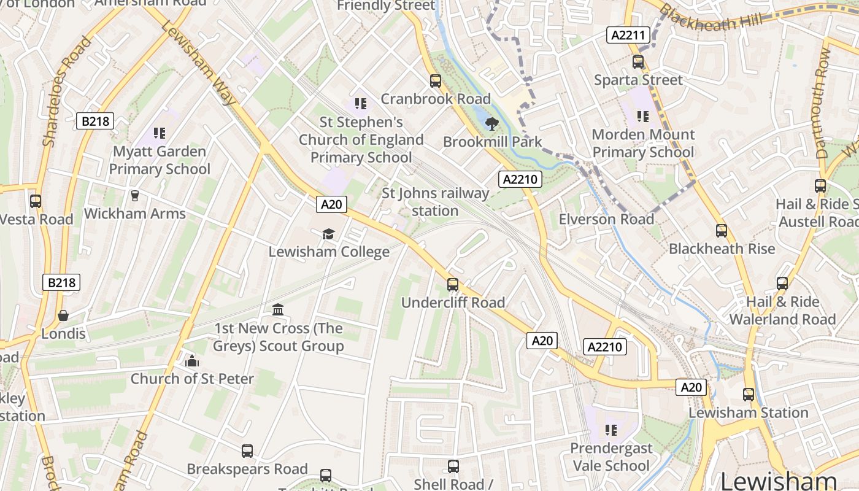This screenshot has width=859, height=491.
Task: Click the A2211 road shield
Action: tap(629, 35)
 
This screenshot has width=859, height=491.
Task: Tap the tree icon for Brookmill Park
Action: tap(491, 124)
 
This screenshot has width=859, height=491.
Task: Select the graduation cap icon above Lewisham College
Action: tap(329, 234)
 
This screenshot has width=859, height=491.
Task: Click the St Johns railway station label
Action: tap(436, 202)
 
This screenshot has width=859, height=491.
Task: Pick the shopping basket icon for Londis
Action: tap(63, 315)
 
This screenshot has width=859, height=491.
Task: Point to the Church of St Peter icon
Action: tap(192, 361)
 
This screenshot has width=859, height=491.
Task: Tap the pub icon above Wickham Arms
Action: tap(135, 196)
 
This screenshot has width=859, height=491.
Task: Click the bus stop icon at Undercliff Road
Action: tap(453, 285)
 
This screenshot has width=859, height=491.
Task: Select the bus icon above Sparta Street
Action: tap(638, 62)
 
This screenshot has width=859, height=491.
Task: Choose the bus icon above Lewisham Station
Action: tap(749, 395)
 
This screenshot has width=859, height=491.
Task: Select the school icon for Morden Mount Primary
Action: tap(642, 116)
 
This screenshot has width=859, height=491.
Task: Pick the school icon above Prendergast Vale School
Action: tap(611, 430)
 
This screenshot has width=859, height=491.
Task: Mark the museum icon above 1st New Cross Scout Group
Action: tap(278, 309)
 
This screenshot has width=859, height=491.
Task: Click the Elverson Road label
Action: tap(606, 219)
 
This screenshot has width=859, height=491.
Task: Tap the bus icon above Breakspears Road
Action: tap(247, 451)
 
